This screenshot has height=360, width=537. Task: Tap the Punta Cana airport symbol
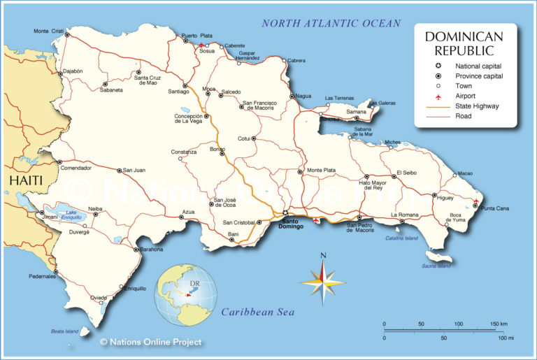[475, 202]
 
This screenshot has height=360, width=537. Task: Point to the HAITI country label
[26, 180]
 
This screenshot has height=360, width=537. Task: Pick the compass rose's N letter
[322, 256]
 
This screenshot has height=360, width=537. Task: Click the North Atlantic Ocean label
[331, 23]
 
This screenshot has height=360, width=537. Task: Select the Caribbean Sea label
[258, 312]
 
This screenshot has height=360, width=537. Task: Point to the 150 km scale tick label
[498, 324]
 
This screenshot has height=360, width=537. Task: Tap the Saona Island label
[436, 266]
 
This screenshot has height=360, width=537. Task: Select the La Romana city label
[403, 214]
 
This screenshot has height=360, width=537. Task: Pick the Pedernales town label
[41, 277]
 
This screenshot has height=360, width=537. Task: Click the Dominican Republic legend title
[464, 43]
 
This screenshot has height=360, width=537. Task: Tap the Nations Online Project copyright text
[150, 342]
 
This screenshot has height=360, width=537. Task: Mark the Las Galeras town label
[382, 102]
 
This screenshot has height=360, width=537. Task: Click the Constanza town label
[184, 152]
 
